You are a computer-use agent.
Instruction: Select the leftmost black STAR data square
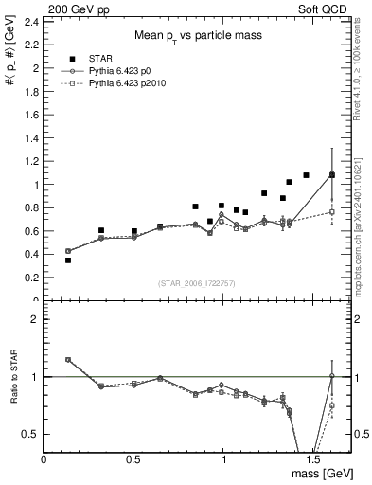tap(68, 260)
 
